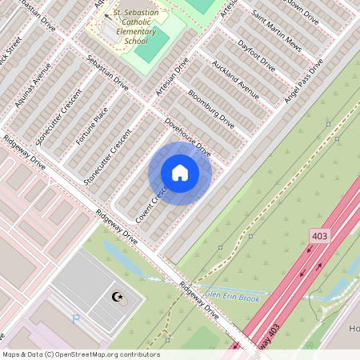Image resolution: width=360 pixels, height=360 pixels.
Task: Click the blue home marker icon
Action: (180, 173)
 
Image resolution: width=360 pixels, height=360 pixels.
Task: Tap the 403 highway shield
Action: (320, 236)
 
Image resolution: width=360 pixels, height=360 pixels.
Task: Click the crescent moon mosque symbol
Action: (118, 298)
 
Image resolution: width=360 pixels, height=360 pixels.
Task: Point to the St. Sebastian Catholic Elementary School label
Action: (139, 27)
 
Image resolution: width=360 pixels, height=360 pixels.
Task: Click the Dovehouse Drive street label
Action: (187, 137)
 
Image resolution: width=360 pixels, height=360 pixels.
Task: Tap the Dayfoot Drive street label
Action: (256, 55)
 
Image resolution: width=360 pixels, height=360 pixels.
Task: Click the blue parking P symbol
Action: (77, 318)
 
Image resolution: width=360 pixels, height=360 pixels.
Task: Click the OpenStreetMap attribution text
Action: (81, 354)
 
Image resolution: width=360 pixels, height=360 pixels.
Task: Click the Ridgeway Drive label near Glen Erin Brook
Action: (198, 301)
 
